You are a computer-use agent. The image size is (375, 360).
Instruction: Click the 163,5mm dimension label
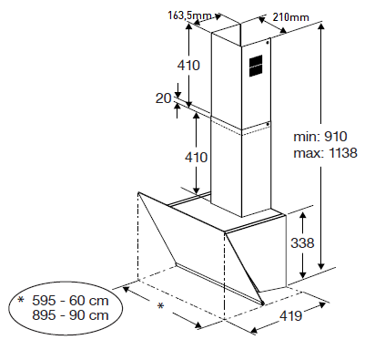click(190, 15)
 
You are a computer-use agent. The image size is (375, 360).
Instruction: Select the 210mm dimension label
click(290, 17)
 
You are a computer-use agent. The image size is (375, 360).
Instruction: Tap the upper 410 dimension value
click(188, 66)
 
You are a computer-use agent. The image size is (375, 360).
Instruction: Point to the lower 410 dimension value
click(197, 158)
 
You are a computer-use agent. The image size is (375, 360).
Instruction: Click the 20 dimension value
click(164, 98)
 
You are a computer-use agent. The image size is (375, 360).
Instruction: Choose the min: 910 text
click(320, 137)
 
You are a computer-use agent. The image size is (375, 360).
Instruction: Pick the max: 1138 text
click(325, 153)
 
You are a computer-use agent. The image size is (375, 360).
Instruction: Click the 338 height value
click(302, 243)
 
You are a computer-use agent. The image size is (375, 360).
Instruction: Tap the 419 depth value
click(290, 316)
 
